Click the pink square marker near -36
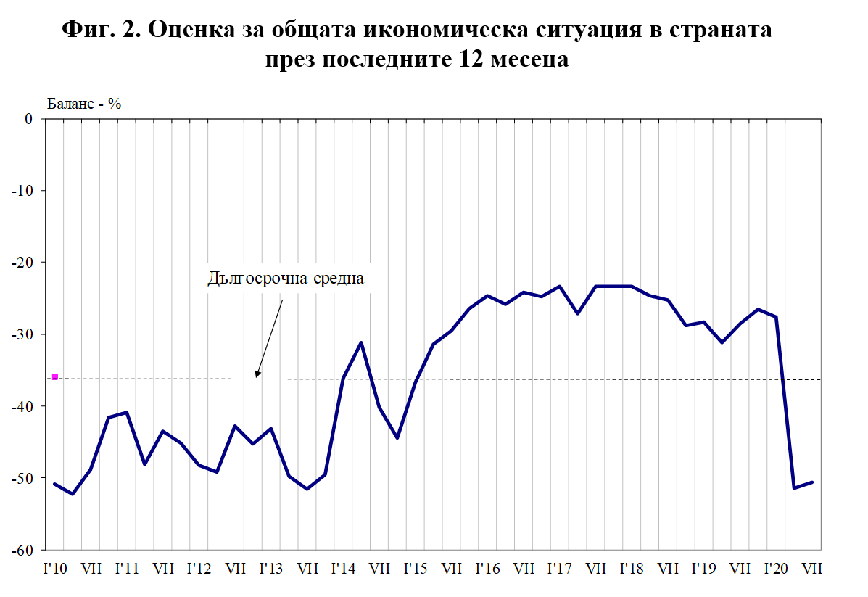pyautogui.click(x=55, y=377)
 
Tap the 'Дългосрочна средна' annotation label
pyautogui.click(x=284, y=278)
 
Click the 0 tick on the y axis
pyautogui.click(x=29, y=119)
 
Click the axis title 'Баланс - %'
pyautogui.click(x=84, y=103)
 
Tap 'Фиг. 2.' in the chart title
pyautogui.click(x=102, y=30)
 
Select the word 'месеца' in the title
pyautogui.click(x=521, y=59)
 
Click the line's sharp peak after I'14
pyautogui.click(x=361, y=342)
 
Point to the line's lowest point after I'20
pyautogui.click(x=795, y=487)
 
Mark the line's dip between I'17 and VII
pyautogui.click(x=577, y=313)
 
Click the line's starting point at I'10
pyautogui.click(x=55, y=484)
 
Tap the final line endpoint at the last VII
pyautogui.click(x=813, y=482)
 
